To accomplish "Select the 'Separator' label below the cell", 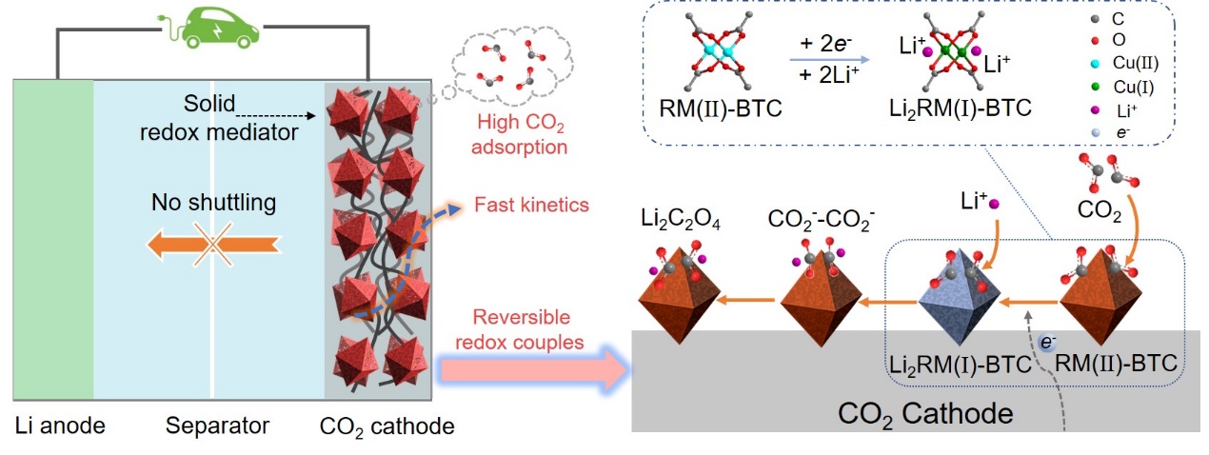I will (x=217, y=425).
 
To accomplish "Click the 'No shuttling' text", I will (x=213, y=202).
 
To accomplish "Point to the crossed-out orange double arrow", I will (x=213, y=245).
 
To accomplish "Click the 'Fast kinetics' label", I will (x=533, y=205).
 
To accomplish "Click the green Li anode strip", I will (x=53, y=238).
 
